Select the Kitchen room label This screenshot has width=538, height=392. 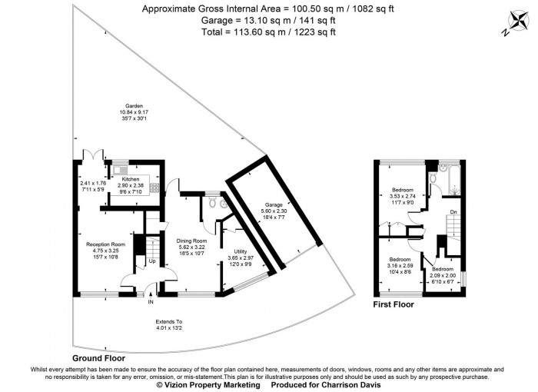coord(130,178)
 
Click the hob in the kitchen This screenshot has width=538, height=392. coord(154,188)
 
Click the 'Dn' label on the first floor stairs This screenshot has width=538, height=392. coord(453,211)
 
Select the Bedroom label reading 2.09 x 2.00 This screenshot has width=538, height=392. coord(442,274)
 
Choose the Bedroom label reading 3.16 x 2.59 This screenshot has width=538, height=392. coord(400,265)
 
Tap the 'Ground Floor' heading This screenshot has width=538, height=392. coord(98,358)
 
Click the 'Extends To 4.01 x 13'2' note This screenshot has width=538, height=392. coord(168,325)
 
